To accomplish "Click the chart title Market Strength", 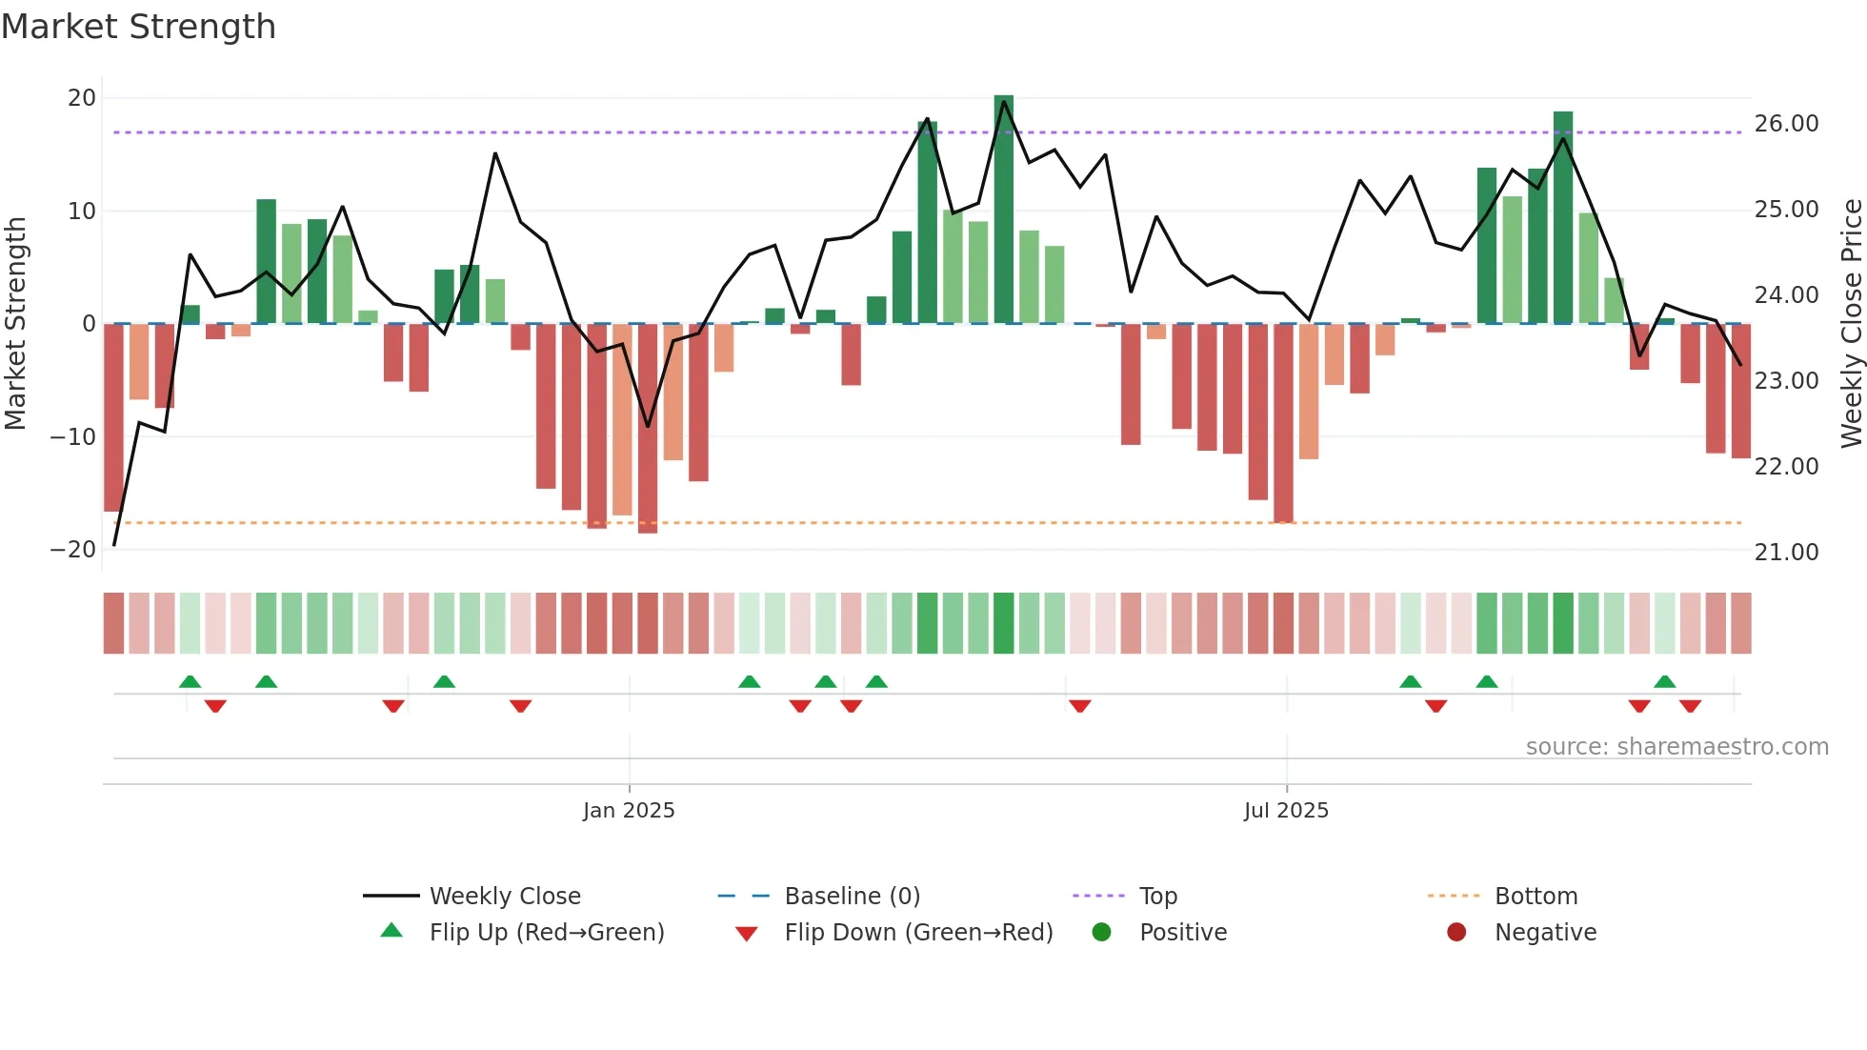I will click(x=138, y=27).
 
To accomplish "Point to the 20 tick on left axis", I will click(x=82, y=98).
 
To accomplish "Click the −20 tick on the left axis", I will click(x=73, y=550).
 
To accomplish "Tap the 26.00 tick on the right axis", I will click(x=1786, y=124).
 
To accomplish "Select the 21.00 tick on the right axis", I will click(x=1786, y=553).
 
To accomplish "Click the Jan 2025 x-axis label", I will click(x=629, y=811).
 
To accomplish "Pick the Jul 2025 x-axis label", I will click(x=1285, y=811).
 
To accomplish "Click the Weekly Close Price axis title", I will click(x=1851, y=324).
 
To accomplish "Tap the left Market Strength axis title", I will click(x=15, y=324).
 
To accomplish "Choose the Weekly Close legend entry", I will click(x=504, y=897).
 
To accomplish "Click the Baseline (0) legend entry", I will click(x=852, y=897).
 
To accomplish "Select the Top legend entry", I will click(x=1157, y=897).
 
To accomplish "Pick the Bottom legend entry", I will click(x=1536, y=897).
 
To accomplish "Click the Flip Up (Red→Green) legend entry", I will click(x=546, y=933).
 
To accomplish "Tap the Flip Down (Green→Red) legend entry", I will click(x=918, y=933).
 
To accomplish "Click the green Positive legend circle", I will click(x=1101, y=933).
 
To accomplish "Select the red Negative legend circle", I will click(x=1456, y=933).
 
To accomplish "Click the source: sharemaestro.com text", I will click(x=1676, y=747).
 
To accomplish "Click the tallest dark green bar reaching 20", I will click(x=1003, y=210).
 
